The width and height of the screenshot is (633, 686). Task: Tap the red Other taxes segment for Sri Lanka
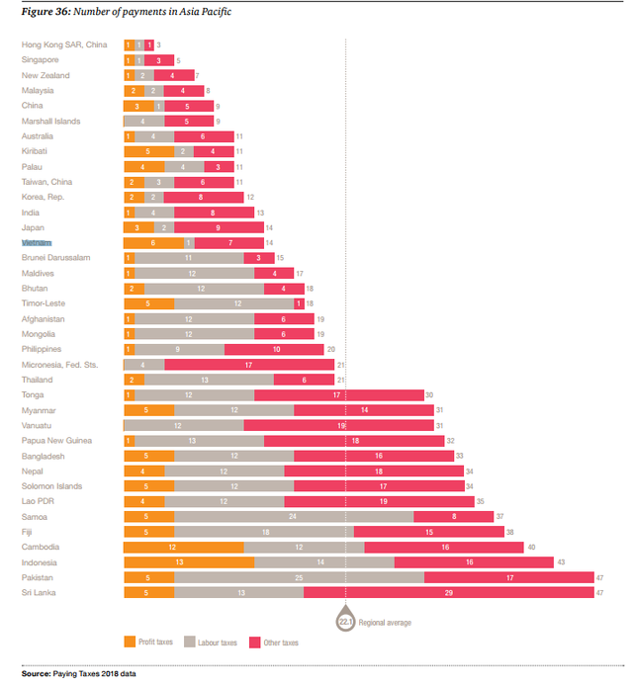click(x=448, y=592)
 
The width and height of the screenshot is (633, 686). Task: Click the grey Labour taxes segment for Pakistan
click(x=299, y=577)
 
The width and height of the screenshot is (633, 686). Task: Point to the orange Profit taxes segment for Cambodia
click(x=184, y=547)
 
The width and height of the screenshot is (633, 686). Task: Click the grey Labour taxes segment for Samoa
click(x=294, y=516)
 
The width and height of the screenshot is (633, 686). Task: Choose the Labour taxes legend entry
click(x=213, y=643)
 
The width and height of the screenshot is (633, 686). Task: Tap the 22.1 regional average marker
click(x=345, y=621)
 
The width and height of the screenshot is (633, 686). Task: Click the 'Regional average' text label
click(x=386, y=623)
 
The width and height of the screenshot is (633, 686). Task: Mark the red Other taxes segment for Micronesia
click(x=248, y=365)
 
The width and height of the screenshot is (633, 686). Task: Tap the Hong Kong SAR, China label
click(x=64, y=44)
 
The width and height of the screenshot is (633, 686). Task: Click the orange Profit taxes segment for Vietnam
click(x=153, y=242)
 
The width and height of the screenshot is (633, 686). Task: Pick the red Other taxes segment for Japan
click(x=219, y=227)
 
